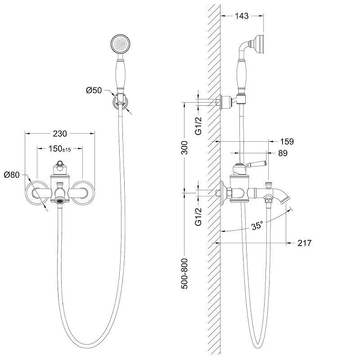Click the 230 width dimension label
coord(60,134)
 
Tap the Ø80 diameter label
coord(12,175)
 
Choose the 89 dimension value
coord(283,153)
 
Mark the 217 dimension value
coord(304,243)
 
